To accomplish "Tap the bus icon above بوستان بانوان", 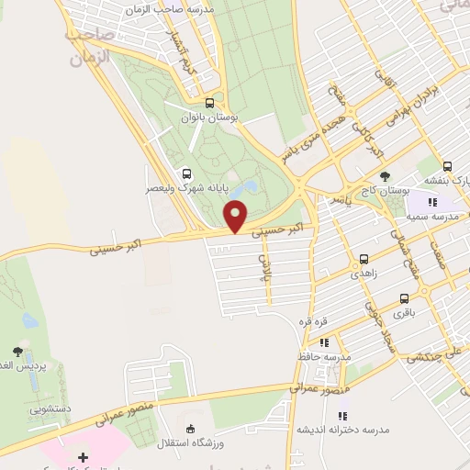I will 210,103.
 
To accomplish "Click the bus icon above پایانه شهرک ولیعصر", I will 187,173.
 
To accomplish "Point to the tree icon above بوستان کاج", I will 384,176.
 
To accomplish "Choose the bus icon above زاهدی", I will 364,259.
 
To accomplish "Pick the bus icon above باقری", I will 404,299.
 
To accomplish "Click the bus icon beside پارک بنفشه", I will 447,166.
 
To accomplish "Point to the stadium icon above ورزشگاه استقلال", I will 191,429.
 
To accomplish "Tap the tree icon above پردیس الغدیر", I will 17,351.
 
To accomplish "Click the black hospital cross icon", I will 83,456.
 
